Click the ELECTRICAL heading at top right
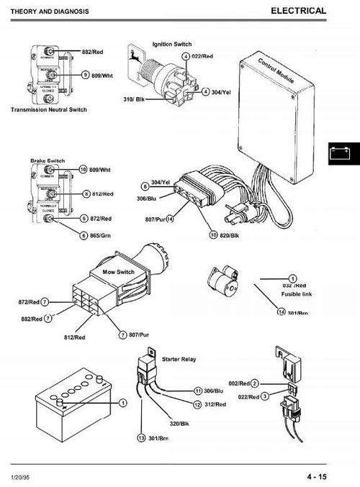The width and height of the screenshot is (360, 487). click(x=299, y=11)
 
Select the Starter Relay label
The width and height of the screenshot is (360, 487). click(x=181, y=358)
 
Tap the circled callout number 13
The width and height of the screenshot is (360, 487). click(x=142, y=437)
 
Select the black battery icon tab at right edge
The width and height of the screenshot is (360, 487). click(x=343, y=153)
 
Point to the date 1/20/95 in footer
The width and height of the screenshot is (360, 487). click(x=22, y=475)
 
